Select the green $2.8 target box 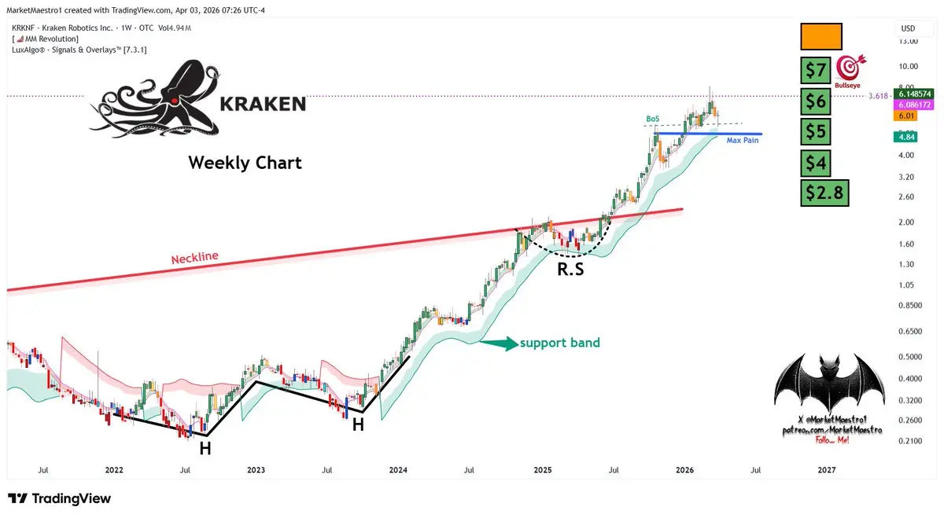pos(824,192)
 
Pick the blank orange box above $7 pos(821,37)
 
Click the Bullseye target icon pos(850,66)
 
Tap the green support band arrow pos(498,343)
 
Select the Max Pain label pos(743,140)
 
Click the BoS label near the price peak pos(652,119)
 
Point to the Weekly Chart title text pos(245,163)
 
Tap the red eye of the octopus pos(172,101)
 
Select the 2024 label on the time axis pos(398,470)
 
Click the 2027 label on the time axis pos(827,470)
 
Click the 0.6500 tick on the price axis pos(910,332)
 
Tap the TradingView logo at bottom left pos(59,498)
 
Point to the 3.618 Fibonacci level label pos(878,96)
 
